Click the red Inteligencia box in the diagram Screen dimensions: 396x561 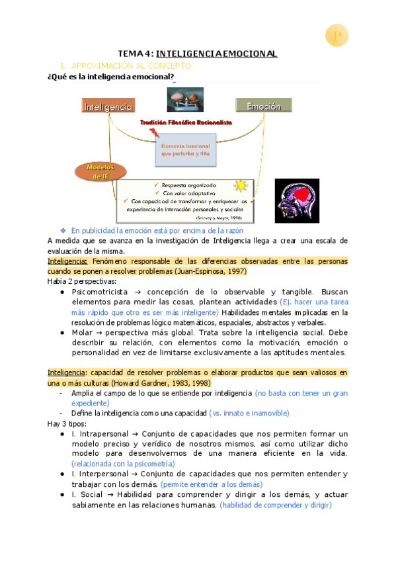click(108, 106)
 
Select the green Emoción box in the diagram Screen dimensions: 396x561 click(262, 106)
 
